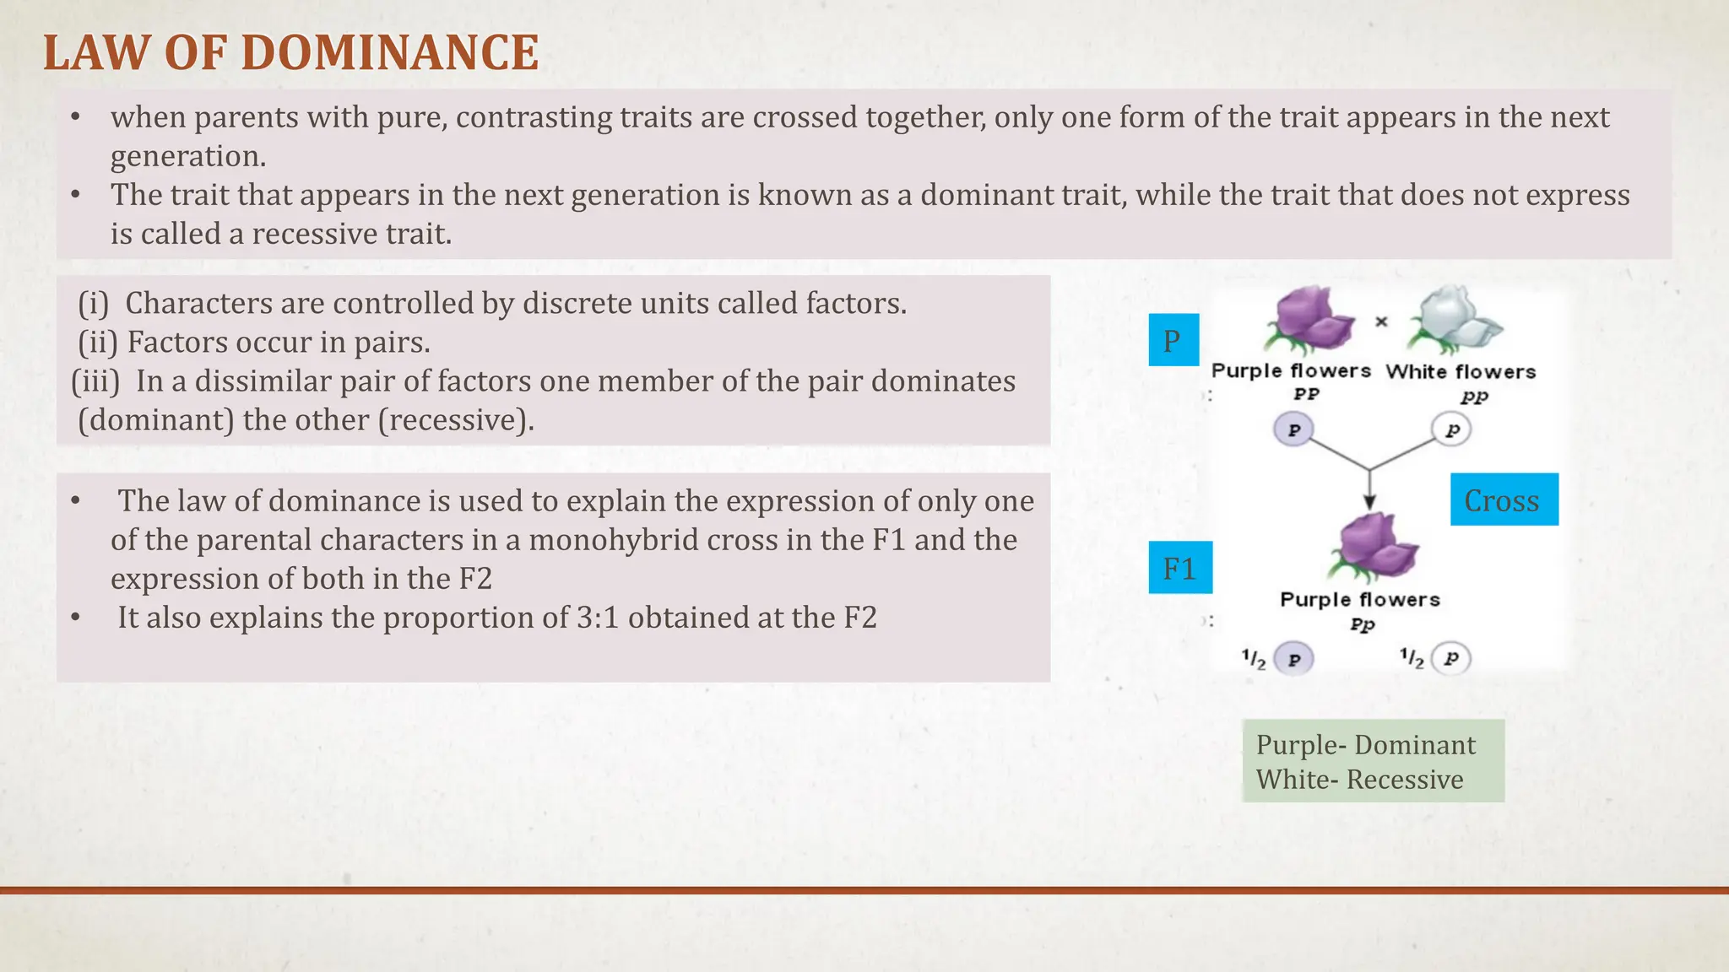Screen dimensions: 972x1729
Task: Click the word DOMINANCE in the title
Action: tap(389, 53)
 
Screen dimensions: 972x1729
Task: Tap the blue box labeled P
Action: tap(1173, 340)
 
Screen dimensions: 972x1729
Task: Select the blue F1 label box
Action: tap(1180, 568)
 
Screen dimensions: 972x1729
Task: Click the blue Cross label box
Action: tap(1504, 499)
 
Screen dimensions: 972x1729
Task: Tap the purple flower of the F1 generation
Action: tap(1374, 547)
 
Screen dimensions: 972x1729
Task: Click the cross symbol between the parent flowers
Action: tap(1381, 321)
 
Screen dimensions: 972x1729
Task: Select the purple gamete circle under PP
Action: tap(1293, 429)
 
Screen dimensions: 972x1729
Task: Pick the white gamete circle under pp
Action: tap(1451, 429)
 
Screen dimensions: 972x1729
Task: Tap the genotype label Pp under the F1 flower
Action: tap(1362, 624)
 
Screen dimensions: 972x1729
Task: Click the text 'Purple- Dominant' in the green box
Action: tap(1365, 745)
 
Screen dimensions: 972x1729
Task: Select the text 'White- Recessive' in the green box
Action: tap(1359, 780)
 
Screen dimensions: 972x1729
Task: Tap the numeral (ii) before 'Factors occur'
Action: tap(98, 343)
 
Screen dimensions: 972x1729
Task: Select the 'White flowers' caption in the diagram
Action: tap(1461, 372)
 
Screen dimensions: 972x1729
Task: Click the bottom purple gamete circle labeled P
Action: tap(1293, 659)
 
